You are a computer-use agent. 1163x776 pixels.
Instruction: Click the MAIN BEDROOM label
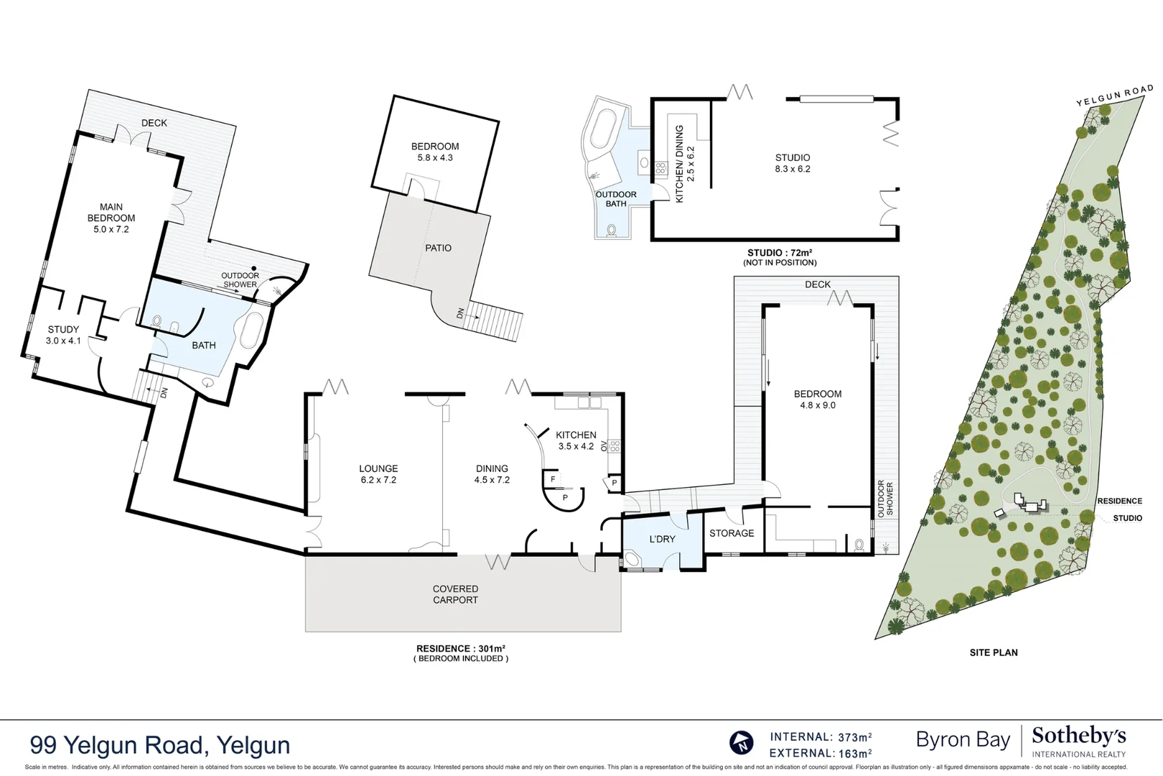[x=111, y=218]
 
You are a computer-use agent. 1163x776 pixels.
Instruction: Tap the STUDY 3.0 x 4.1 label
[x=63, y=335]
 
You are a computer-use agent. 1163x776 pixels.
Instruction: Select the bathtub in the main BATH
[x=251, y=331]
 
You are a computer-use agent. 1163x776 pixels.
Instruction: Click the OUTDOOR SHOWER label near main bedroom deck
[x=240, y=280]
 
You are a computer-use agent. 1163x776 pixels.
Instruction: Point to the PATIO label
[x=438, y=248]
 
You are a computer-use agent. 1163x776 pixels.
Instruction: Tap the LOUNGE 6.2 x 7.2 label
[x=378, y=474]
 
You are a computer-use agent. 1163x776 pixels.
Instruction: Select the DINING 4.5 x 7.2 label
[x=492, y=474]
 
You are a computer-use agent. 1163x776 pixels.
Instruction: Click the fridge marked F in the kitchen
[x=553, y=479]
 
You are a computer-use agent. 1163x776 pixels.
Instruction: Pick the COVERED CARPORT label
[x=455, y=594]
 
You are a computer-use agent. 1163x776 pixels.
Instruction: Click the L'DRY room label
[x=662, y=539]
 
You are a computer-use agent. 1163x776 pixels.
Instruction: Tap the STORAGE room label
[x=732, y=533]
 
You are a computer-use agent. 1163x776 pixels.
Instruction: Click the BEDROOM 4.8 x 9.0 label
[x=818, y=399]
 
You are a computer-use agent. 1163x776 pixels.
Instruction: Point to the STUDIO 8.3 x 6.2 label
[x=793, y=163]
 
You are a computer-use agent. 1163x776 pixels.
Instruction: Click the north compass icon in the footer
[x=742, y=743]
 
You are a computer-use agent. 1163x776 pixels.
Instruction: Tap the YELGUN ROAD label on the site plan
[x=1114, y=96]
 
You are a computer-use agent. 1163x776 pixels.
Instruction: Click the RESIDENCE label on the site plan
[x=1119, y=501]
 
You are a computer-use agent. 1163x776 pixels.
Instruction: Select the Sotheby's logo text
[x=1078, y=736]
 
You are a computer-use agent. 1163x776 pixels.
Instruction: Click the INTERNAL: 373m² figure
[x=821, y=737]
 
